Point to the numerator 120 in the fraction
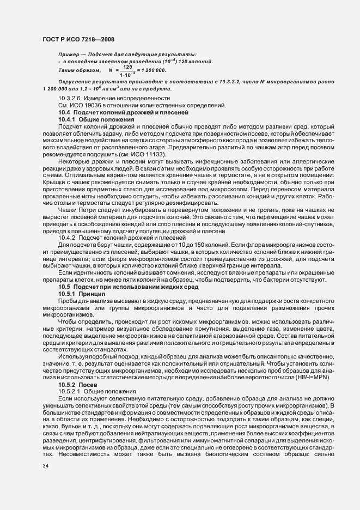pyautogui.click(x=127, y=67)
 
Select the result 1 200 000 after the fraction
pyautogui.click(x=152, y=70)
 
